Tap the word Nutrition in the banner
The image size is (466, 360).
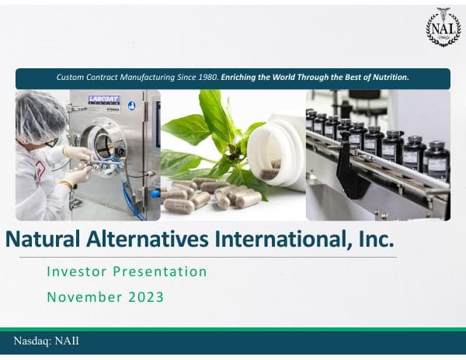pyautogui.click(x=386, y=78)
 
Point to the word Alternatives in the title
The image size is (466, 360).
pyautogui.click(x=140, y=238)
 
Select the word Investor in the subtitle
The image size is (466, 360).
pyautogui.click(x=74, y=272)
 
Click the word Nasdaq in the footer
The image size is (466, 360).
pyautogui.click(x=32, y=341)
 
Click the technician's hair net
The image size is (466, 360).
pyautogui.click(x=39, y=112)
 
